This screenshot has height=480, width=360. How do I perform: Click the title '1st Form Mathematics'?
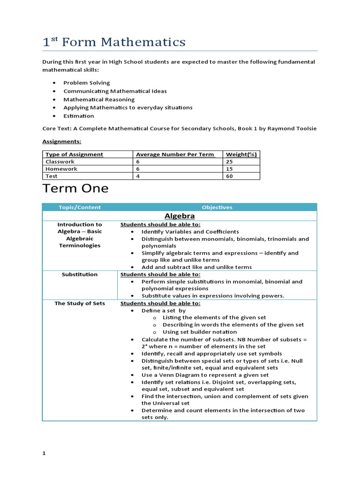114,42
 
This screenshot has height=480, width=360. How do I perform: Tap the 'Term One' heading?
75,188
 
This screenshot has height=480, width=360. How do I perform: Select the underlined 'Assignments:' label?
62,141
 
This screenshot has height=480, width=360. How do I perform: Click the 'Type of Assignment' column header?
74,154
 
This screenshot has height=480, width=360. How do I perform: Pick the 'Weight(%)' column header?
241,154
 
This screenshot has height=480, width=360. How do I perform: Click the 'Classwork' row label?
60,161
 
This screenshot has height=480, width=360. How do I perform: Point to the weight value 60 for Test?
230,176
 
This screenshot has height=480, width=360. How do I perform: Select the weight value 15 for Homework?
230,169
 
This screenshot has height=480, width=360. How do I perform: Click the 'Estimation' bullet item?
79,116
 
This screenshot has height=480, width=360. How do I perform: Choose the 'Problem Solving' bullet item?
87,82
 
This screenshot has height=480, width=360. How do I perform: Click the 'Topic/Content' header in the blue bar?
80,207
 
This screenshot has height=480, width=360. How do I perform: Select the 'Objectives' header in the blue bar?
217,207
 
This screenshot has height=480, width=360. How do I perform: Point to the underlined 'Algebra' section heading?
180,216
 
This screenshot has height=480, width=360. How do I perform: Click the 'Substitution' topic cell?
80,274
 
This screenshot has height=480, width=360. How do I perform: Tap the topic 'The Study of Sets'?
80,303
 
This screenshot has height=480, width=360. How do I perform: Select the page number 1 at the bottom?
44,454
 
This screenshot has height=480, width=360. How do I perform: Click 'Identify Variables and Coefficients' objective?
190,232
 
